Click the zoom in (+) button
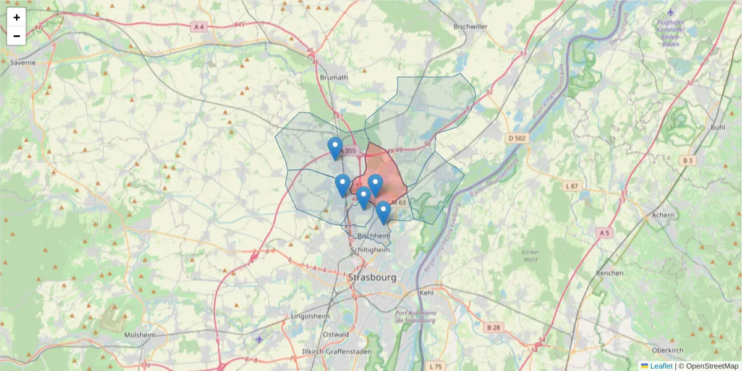click(17, 17)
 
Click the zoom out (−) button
click(17, 36)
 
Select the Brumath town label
click(335, 77)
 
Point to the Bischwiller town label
click(471, 27)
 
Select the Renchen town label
click(609, 273)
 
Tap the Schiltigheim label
click(370, 250)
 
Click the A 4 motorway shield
click(198, 27)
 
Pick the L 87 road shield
click(572, 186)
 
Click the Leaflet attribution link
click(661, 366)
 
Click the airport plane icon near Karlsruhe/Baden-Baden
click(672, 12)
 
